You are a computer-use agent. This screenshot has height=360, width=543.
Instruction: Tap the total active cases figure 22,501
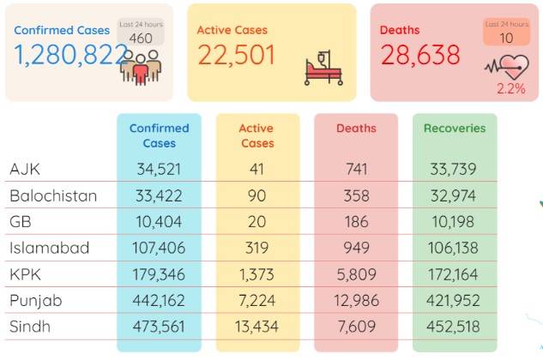coord(237,55)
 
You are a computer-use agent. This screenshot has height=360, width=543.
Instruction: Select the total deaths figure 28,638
coord(420,55)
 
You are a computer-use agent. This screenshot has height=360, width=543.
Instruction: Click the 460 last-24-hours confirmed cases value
coord(141,38)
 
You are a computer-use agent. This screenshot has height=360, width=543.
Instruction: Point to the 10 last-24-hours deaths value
coord(506,38)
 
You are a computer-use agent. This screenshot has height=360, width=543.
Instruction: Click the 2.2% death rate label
coord(511,88)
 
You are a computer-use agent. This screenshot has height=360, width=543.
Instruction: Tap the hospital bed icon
coord(323,68)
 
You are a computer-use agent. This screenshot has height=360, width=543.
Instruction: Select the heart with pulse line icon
coord(507,67)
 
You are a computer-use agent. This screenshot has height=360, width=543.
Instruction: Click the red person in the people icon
coord(141,70)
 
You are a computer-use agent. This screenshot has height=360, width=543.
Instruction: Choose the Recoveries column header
coord(455,128)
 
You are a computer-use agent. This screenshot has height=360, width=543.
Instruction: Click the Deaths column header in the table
coord(356,128)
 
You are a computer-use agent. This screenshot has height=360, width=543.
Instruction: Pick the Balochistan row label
coord(53,196)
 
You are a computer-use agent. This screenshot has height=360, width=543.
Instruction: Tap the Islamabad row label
coord(50,248)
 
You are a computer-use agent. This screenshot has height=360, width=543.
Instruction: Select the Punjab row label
coord(36,301)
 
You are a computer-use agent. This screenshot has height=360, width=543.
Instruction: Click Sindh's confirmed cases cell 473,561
coord(159,327)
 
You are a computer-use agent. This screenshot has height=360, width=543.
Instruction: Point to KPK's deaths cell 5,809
coord(356,274)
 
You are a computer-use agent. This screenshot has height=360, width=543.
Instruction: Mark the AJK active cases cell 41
coord(256,169)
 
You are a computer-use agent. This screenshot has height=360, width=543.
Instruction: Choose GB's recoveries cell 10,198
coord(453,221)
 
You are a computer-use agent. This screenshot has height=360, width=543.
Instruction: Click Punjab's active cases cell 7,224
coord(256,301)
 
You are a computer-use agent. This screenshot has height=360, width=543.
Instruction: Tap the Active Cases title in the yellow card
coord(232,30)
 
